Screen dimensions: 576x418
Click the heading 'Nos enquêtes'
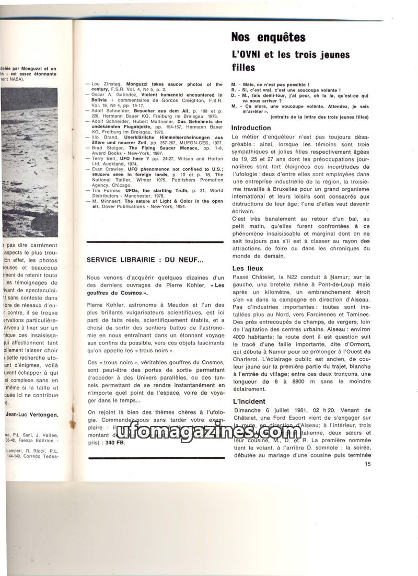(268, 37)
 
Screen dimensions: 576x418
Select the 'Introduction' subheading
(251, 128)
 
